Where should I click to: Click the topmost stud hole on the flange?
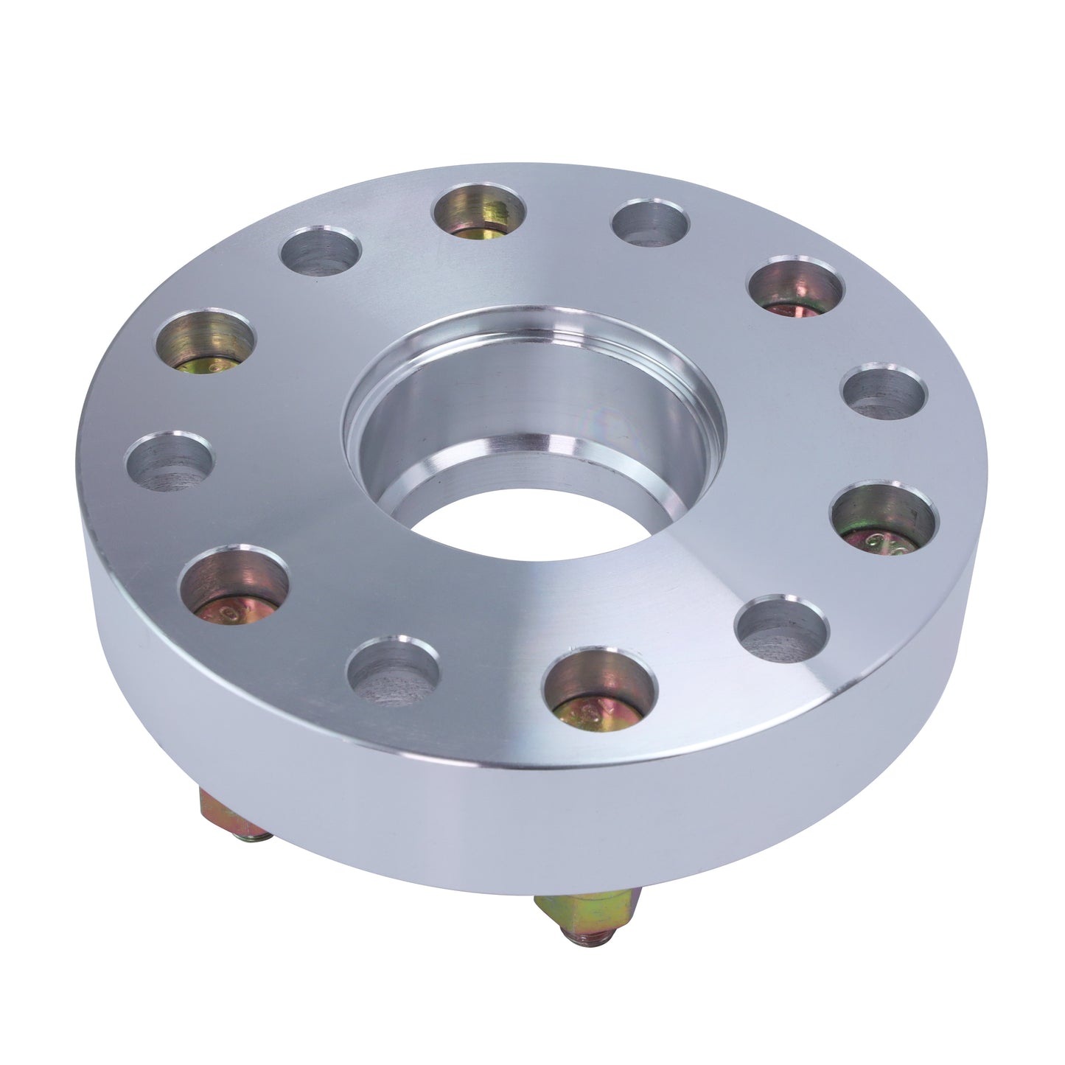[479, 211]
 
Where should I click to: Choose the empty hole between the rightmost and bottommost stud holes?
[782, 630]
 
